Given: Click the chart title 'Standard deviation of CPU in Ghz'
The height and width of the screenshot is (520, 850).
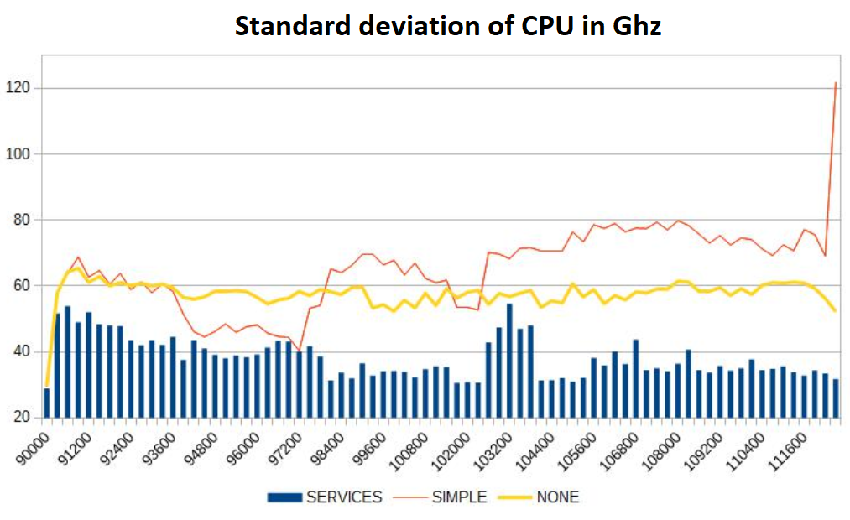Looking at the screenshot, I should tap(448, 26).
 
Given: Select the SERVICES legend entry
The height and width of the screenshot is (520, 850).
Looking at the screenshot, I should tap(343, 497).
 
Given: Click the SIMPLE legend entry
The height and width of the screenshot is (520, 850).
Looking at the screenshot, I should tap(459, 497).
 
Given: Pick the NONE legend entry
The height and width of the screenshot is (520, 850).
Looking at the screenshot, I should tap(557, 497).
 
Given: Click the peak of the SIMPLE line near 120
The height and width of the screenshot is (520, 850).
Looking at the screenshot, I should tap(835, 83).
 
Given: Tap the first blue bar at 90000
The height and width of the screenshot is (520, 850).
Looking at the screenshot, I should tap(46, 403).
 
